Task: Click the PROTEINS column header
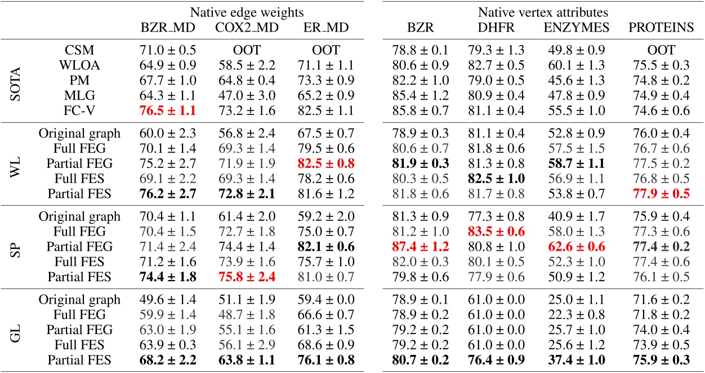(x=661, y=28)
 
